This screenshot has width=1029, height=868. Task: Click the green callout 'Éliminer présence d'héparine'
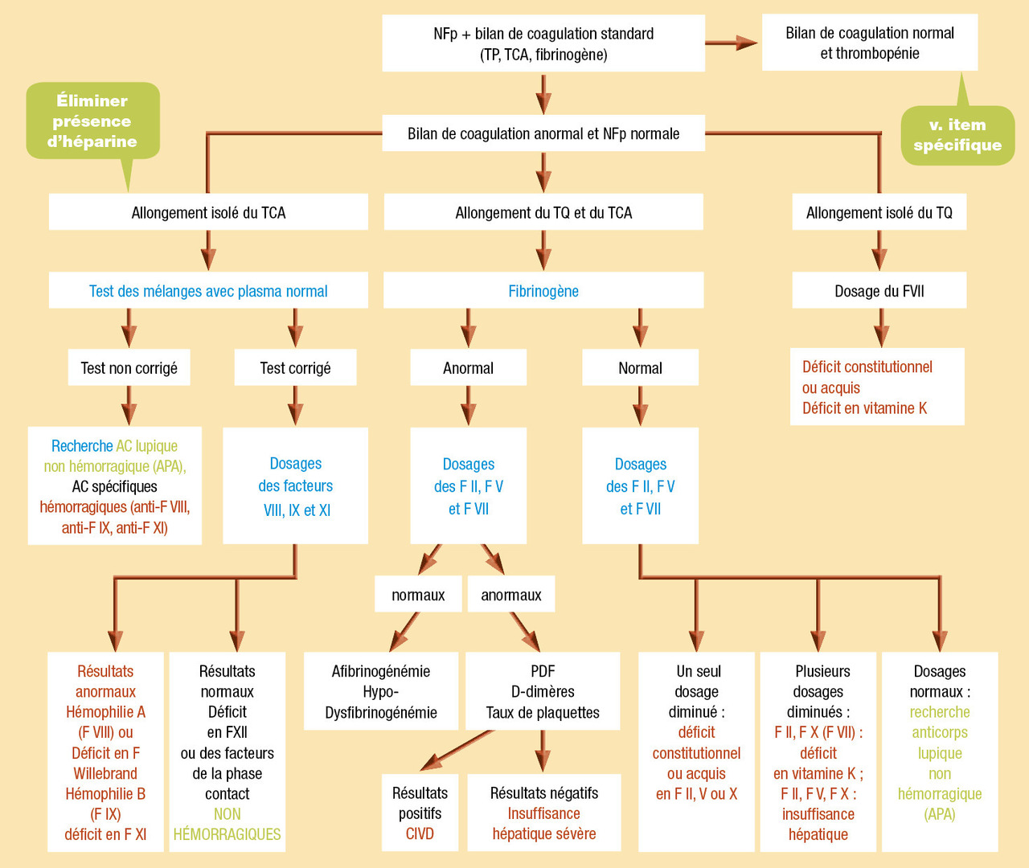coord(92,121)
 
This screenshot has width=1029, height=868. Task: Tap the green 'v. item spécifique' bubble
coord(957,135)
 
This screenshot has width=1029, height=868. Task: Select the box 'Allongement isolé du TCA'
coord(208,212)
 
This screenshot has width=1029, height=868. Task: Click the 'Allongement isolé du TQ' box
coord(879,212)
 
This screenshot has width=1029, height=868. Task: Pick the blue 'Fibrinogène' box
coord(543,291)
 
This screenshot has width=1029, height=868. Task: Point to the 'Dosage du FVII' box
coord(879,291)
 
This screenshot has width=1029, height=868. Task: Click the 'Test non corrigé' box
coord(129,368)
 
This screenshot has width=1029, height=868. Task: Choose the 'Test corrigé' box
coord(295,368)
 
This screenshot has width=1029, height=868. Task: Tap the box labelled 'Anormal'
coord(468,368)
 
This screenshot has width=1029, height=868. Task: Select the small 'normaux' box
coord(418,595)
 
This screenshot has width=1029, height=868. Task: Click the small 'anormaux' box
coord(511,595)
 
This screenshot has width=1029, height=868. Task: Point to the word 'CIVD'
coord(420,833)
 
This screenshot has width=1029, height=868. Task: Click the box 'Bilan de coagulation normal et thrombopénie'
coord(870,43)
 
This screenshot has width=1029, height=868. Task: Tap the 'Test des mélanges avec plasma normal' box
coord(208,291)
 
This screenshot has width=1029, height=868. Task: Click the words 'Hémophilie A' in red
coord(105,712)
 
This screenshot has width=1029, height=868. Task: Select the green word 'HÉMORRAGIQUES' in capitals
coord(228,834)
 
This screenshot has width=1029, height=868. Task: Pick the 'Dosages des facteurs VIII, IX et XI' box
coord(295,486)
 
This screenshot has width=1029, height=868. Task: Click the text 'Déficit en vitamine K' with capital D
coord(864,408)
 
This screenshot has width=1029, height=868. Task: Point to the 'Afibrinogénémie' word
coord(381,671)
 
